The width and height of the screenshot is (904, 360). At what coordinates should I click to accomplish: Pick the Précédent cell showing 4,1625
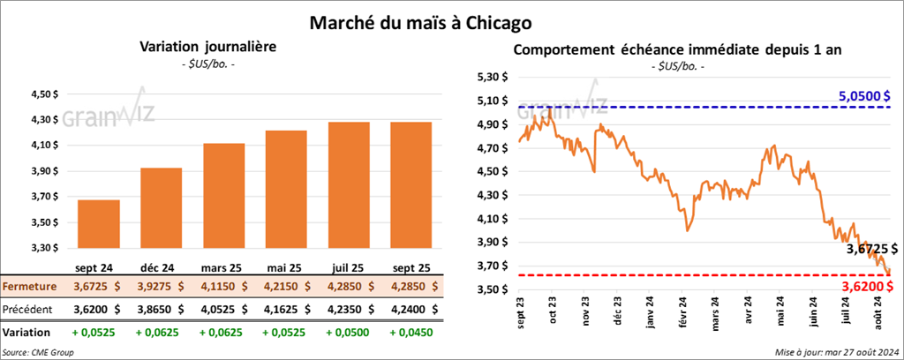282,310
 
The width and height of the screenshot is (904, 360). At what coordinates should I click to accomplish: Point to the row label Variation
26,334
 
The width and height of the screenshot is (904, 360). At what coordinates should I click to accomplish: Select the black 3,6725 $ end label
865,250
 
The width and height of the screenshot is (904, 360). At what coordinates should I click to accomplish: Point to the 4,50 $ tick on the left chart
44,94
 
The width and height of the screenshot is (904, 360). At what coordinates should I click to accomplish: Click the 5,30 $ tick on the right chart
492,77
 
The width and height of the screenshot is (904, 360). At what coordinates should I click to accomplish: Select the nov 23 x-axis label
585,315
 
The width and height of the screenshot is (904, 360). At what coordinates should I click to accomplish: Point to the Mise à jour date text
835,352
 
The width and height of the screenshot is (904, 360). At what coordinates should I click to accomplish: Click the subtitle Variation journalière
209,48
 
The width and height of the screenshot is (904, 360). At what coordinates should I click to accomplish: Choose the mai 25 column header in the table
282,266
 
